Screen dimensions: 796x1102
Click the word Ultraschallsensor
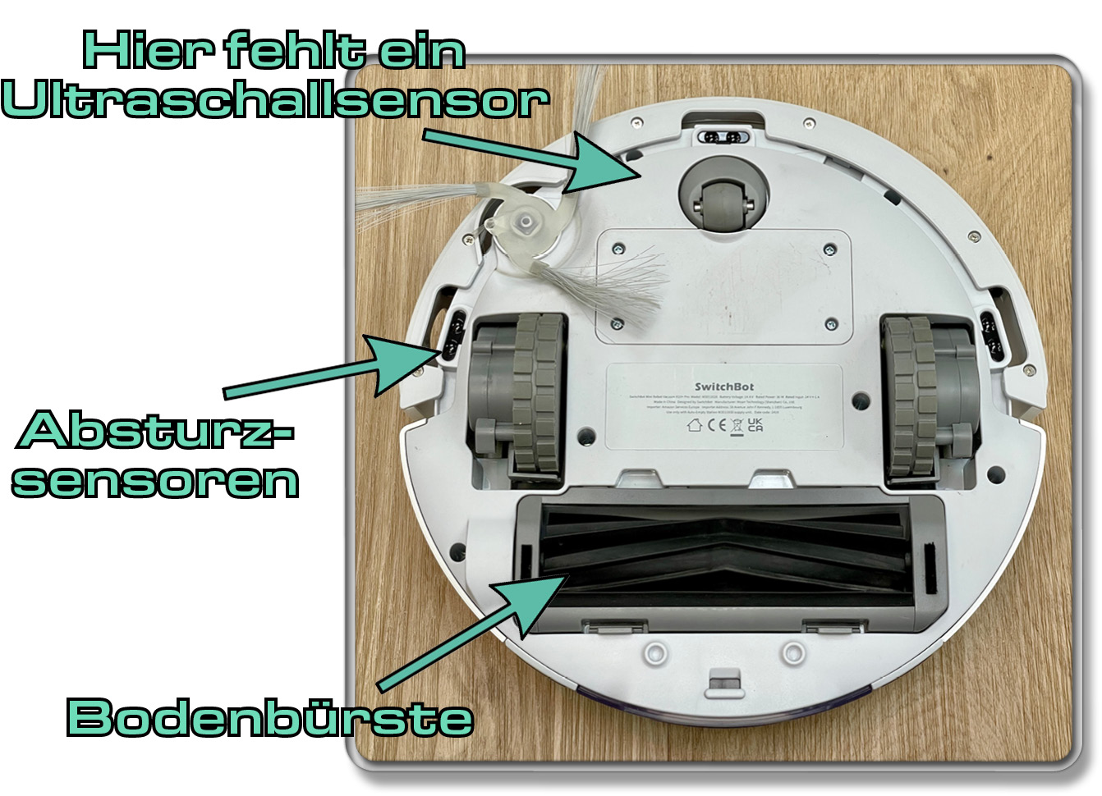click(275, 102)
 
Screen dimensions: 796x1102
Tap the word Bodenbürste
click(270, 718)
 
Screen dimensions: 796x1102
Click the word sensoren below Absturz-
click(155, 481)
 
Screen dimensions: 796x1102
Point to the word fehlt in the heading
click(294, 51)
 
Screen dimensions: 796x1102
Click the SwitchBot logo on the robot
click(723, 387)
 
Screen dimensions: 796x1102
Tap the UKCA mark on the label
click(755, 424)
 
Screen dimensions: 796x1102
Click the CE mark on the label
click(717, 425)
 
